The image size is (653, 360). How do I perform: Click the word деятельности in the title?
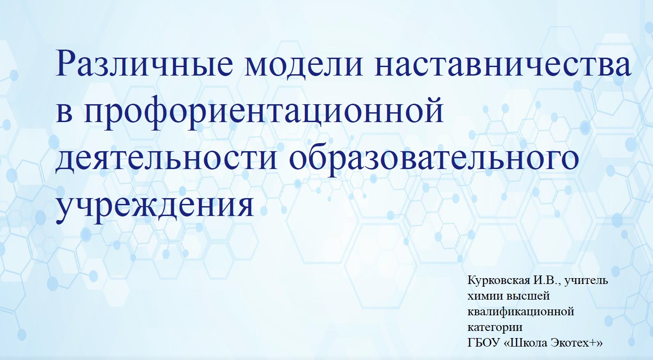pos(166,159)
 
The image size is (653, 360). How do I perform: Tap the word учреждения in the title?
pos(155,208)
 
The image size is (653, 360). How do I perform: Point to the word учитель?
pos(586,281)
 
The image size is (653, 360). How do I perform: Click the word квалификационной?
pos(521,312)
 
